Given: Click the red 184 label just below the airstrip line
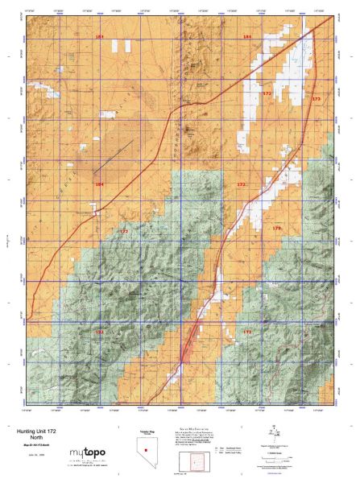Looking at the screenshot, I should pyautogui.click(x=100, y=184).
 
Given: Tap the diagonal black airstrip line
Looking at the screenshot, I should pyautogui.click(x=111, y=156).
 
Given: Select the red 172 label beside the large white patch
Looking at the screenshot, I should pyautogui.click(x=267, y=93).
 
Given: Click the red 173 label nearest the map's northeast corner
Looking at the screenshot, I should pyautogui.click(x=316, y=98).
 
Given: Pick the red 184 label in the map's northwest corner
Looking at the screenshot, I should pyautogui.click(x=99, y=38).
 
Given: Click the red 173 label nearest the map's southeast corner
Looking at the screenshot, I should pyautogui.click(x=248, y=331).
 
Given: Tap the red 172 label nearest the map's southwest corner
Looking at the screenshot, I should pyautogui.click(x=100, y=331).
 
